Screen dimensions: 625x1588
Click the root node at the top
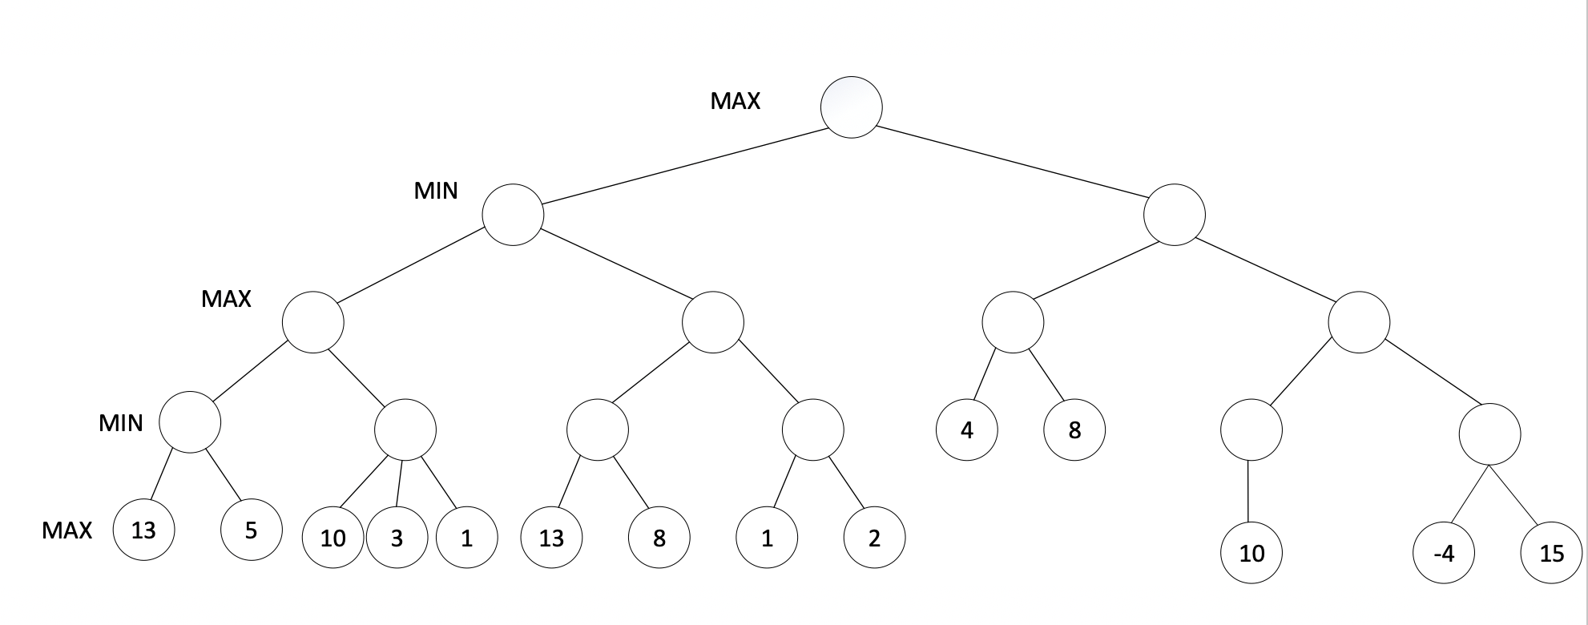[x=851, y=107]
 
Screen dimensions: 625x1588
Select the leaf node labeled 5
[x=251, y=530]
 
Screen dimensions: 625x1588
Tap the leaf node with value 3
[x=397, y=538]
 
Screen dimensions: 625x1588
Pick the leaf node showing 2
[x=874, y=538]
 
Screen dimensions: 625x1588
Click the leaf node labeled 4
[x=966, y=430]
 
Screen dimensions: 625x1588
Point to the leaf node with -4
[x=1444, y=553]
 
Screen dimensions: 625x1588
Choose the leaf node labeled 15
[x=1552, y=553]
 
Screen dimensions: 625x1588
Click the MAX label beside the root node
[x=735, y=101]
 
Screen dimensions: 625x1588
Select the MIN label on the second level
[x=436, y=191]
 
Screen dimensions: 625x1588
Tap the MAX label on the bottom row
[x=67, y=530]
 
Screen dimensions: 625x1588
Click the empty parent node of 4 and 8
[x=1013, y=322]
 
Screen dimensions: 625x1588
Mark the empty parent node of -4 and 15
[x=1489, y=435]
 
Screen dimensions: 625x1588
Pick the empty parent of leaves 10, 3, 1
[x=405, y=430]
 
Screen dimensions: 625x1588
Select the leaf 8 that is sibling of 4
[x=1074, y=430]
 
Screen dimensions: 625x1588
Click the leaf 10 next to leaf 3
[x=333, y=538]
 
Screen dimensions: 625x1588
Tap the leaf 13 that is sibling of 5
[x=143, y=530]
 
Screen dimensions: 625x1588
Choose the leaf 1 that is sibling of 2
[x=767, y=538]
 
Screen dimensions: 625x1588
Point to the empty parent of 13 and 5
[x=190, y=422]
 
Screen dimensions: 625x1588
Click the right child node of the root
[x=1175, y=215]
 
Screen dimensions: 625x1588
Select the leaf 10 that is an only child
[x=1251, y=553]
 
